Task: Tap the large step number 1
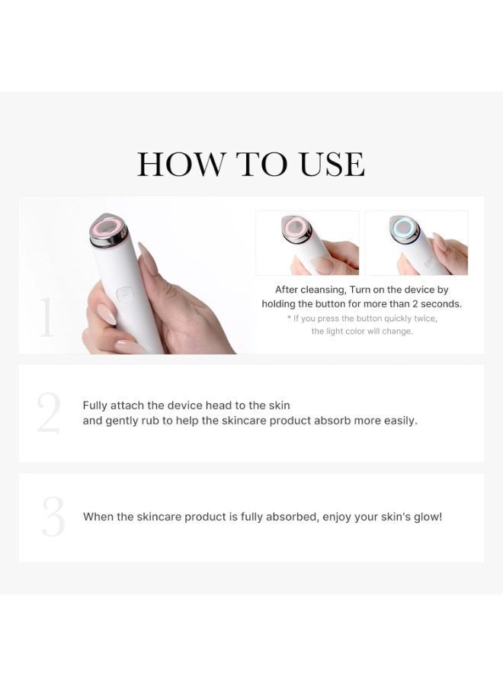click(47, 317)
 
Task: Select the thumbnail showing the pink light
click(307, 242)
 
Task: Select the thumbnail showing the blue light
click(416, 242)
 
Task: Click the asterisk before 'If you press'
click(289, 318)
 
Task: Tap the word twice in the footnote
click(424, 318)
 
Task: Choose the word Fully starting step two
click(96, 406)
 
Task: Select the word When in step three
click(98, 517)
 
